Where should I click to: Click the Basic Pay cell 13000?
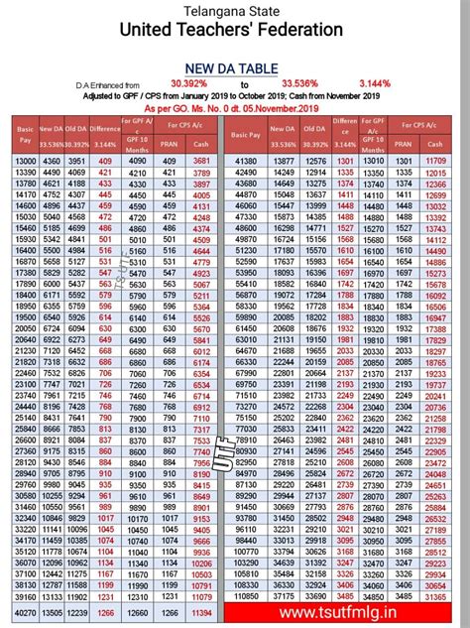[25, 161]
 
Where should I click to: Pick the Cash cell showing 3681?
[202, 161]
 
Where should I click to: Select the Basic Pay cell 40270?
[25, 613]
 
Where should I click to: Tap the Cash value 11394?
[202, 613]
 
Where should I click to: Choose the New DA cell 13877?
[284, 161]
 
